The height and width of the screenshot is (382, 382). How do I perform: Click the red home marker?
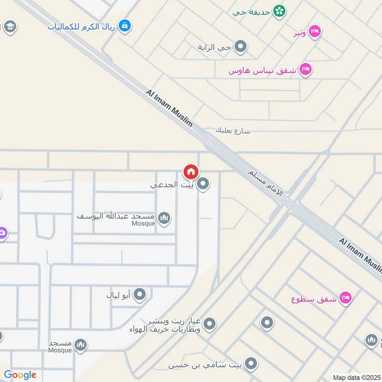(x=191, y=171)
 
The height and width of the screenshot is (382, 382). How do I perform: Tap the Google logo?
(x=20, y=375)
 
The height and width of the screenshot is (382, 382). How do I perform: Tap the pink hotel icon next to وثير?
(x=315, y=32)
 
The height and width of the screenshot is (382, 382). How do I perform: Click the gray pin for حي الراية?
(x=241, y=47)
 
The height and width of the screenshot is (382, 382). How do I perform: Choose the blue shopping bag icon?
(x=125, y=25)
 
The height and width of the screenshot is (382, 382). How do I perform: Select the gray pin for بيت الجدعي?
(x=204, y=184)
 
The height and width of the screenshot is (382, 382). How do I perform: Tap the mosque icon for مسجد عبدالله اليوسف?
(x=164, y=218)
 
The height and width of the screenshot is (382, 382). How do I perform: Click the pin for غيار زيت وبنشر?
(x=209, y=325)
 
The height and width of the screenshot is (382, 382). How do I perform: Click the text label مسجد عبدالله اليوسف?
(x=116, y=216)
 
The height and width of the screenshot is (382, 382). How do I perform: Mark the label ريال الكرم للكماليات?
(x=81, y=26)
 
